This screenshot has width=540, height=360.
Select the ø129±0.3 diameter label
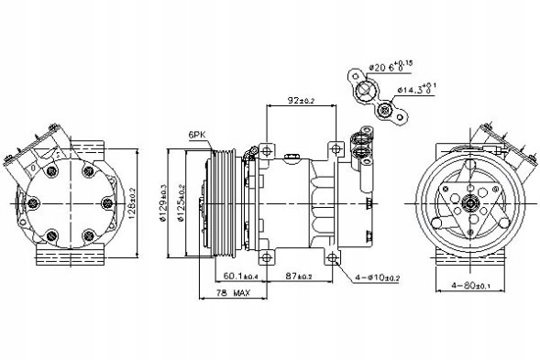tap(163, 202)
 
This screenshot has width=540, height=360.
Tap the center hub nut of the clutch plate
tap(468, 202)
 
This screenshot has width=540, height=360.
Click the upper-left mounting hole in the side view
tap(266, 148)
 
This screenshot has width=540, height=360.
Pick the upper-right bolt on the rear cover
tap(89, 170)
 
